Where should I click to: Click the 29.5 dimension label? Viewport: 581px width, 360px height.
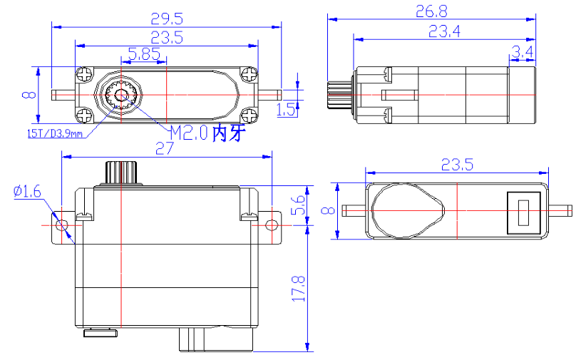point(167,19)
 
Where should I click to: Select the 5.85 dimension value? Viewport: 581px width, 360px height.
point(144,54)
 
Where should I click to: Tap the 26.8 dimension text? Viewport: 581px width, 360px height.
point(431,11)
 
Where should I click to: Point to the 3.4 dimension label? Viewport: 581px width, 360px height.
point(522,52)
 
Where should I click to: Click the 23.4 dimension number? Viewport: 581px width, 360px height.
point(444,31)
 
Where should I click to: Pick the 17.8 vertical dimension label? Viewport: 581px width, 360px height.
point(299,289)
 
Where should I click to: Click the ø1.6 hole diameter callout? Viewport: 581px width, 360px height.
point(27,192)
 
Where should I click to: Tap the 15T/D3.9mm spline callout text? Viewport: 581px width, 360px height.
point(55,133)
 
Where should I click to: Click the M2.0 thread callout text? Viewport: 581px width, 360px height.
point(188,133)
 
